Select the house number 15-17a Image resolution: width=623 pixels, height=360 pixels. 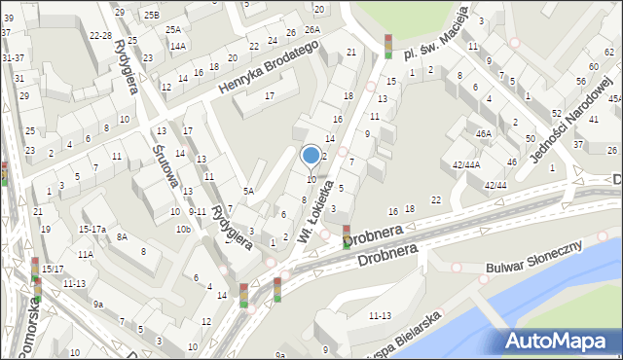click(x=92, y=229)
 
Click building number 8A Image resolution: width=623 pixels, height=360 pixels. click(x=122, y=236)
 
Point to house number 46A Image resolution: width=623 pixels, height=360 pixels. click(x=483, y=133)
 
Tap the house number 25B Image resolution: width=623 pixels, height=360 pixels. click(x=151, y=15)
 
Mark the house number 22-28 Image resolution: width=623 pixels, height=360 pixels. click(x=99, y=35)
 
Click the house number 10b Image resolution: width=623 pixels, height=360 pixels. click(x=182, y=230)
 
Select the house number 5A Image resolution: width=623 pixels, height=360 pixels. click(x=248, y=192)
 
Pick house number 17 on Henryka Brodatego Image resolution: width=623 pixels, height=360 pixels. click(x=270, y=94)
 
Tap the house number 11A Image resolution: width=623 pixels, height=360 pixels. click(x=86, y=254)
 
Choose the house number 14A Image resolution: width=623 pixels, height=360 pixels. click(x=177, y=46)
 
